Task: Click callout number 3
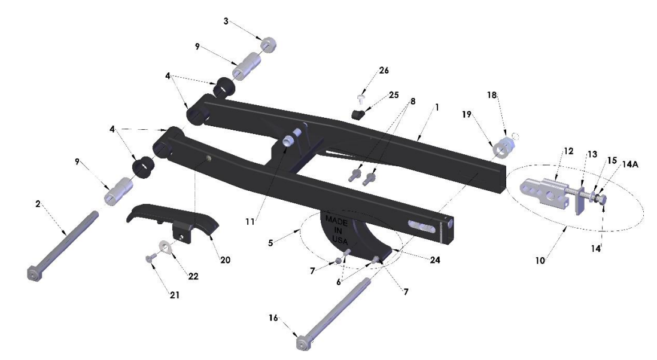(226, 22)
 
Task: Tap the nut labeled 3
(268, 44)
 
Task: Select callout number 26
(384, 71)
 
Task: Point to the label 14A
(629, 164)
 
